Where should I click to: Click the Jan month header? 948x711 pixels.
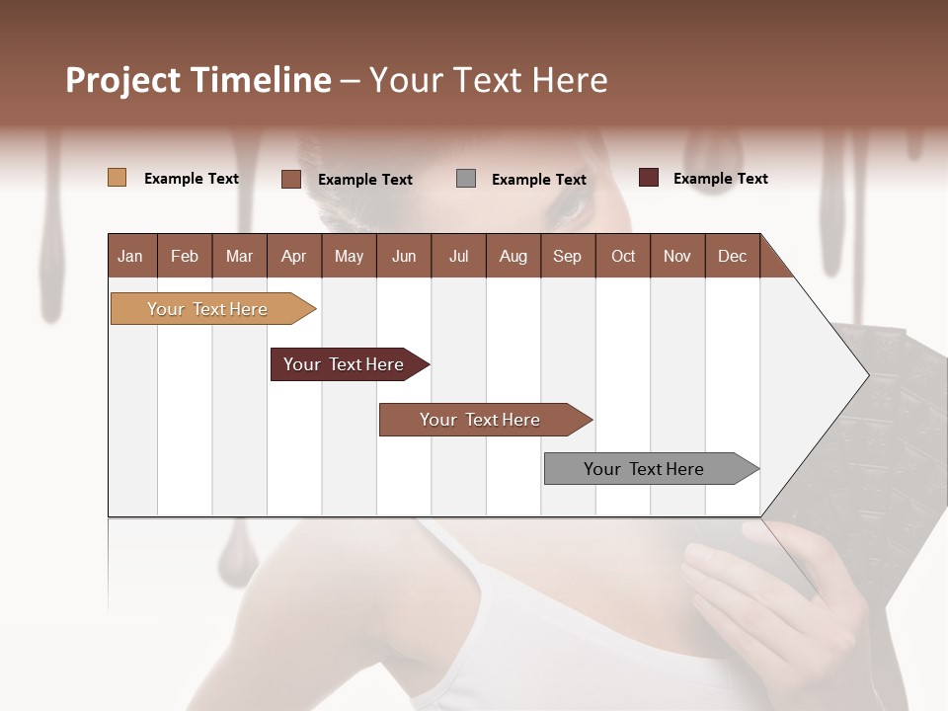[x=130, y=257]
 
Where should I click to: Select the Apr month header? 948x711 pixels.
[x=293, y=257]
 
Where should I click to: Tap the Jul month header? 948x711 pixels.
[x=458, y=257]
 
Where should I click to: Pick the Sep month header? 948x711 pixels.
[x=567, y=257]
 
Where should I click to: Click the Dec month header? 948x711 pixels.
[x=732, y=257]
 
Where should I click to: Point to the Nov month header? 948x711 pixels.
[x=676, y=257]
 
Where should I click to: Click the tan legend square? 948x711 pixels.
[x=117, y=178]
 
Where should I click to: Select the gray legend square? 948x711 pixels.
[x=466, y=179]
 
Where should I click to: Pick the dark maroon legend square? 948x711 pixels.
[x=648, y=178]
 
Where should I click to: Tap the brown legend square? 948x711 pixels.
[x=290, y=179]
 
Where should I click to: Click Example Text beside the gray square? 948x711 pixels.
[x=538, y=180]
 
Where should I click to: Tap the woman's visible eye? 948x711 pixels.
[x=571, y=206]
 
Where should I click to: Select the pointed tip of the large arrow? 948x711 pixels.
[x=867, y=375]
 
